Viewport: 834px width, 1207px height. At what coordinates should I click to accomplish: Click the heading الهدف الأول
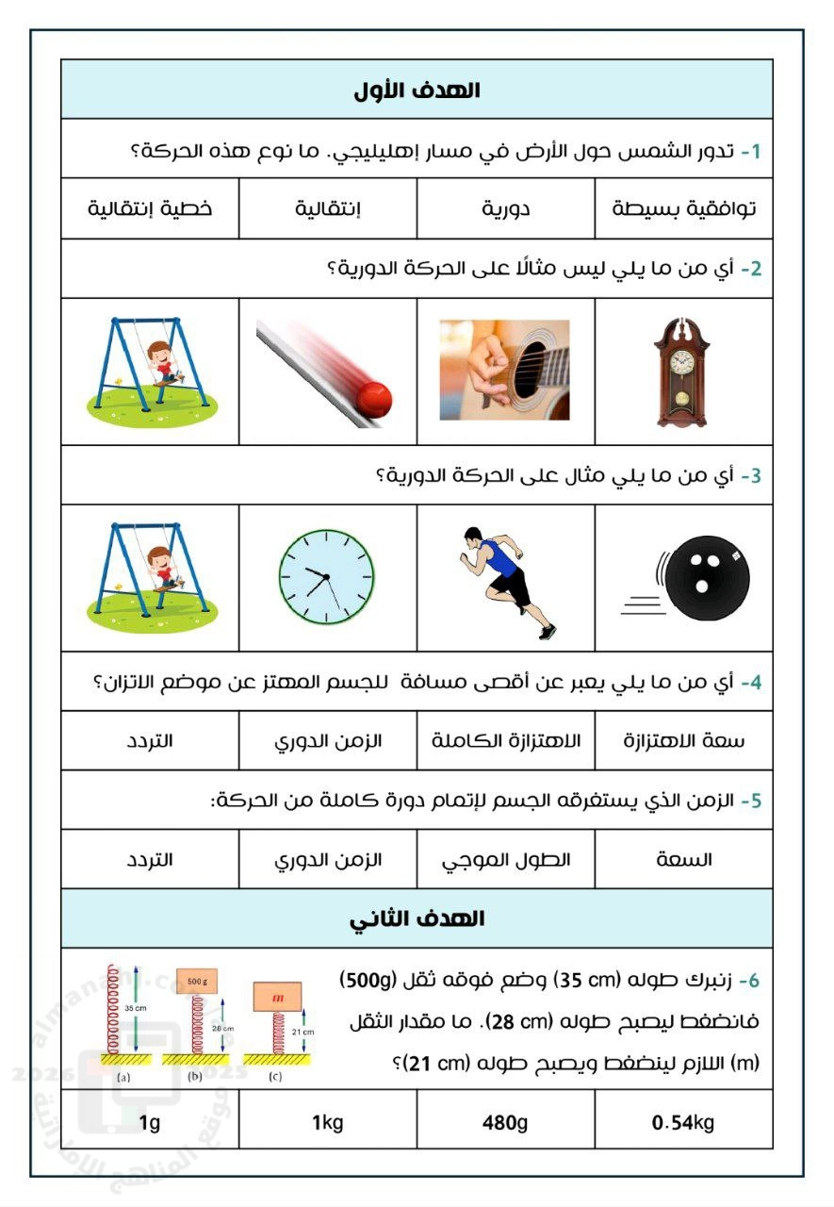click(417, 91)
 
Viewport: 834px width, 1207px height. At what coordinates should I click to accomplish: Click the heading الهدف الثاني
click(417, 918)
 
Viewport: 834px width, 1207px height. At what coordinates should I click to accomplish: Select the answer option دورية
click(506, 208)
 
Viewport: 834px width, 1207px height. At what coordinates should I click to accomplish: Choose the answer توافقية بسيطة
click(684, 208)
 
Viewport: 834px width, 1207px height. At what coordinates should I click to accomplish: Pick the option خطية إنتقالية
click(150, 208)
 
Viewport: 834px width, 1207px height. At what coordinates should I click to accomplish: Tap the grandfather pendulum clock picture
click(683, 372)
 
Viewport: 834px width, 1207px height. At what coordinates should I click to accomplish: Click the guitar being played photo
click(505, 370)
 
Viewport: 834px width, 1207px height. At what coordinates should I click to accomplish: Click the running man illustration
click(507, 578)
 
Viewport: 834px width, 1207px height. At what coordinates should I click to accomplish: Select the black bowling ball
click(698, 577)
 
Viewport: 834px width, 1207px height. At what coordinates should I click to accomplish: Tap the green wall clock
click(326, 576)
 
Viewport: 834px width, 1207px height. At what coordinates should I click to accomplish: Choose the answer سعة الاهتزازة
click(684, 740)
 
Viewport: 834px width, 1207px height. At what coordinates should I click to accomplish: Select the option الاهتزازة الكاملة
click(506, 740)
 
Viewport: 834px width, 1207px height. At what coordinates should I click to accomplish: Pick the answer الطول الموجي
click(506, 859)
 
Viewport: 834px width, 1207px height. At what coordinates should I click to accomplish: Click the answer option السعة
click(684, 859)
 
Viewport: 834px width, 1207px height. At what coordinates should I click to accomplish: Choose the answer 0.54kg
click(684, 1122)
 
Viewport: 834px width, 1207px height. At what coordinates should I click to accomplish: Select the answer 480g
click(506, 1122)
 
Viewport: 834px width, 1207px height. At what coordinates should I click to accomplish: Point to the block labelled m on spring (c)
click(278, 996)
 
